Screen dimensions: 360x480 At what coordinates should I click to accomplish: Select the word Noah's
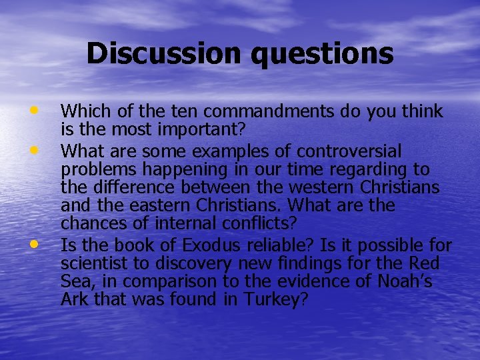[x=402, y=281]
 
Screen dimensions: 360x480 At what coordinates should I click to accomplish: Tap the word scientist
[x=93, y=263]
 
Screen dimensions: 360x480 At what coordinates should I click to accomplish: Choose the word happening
[x=175, y=169]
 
